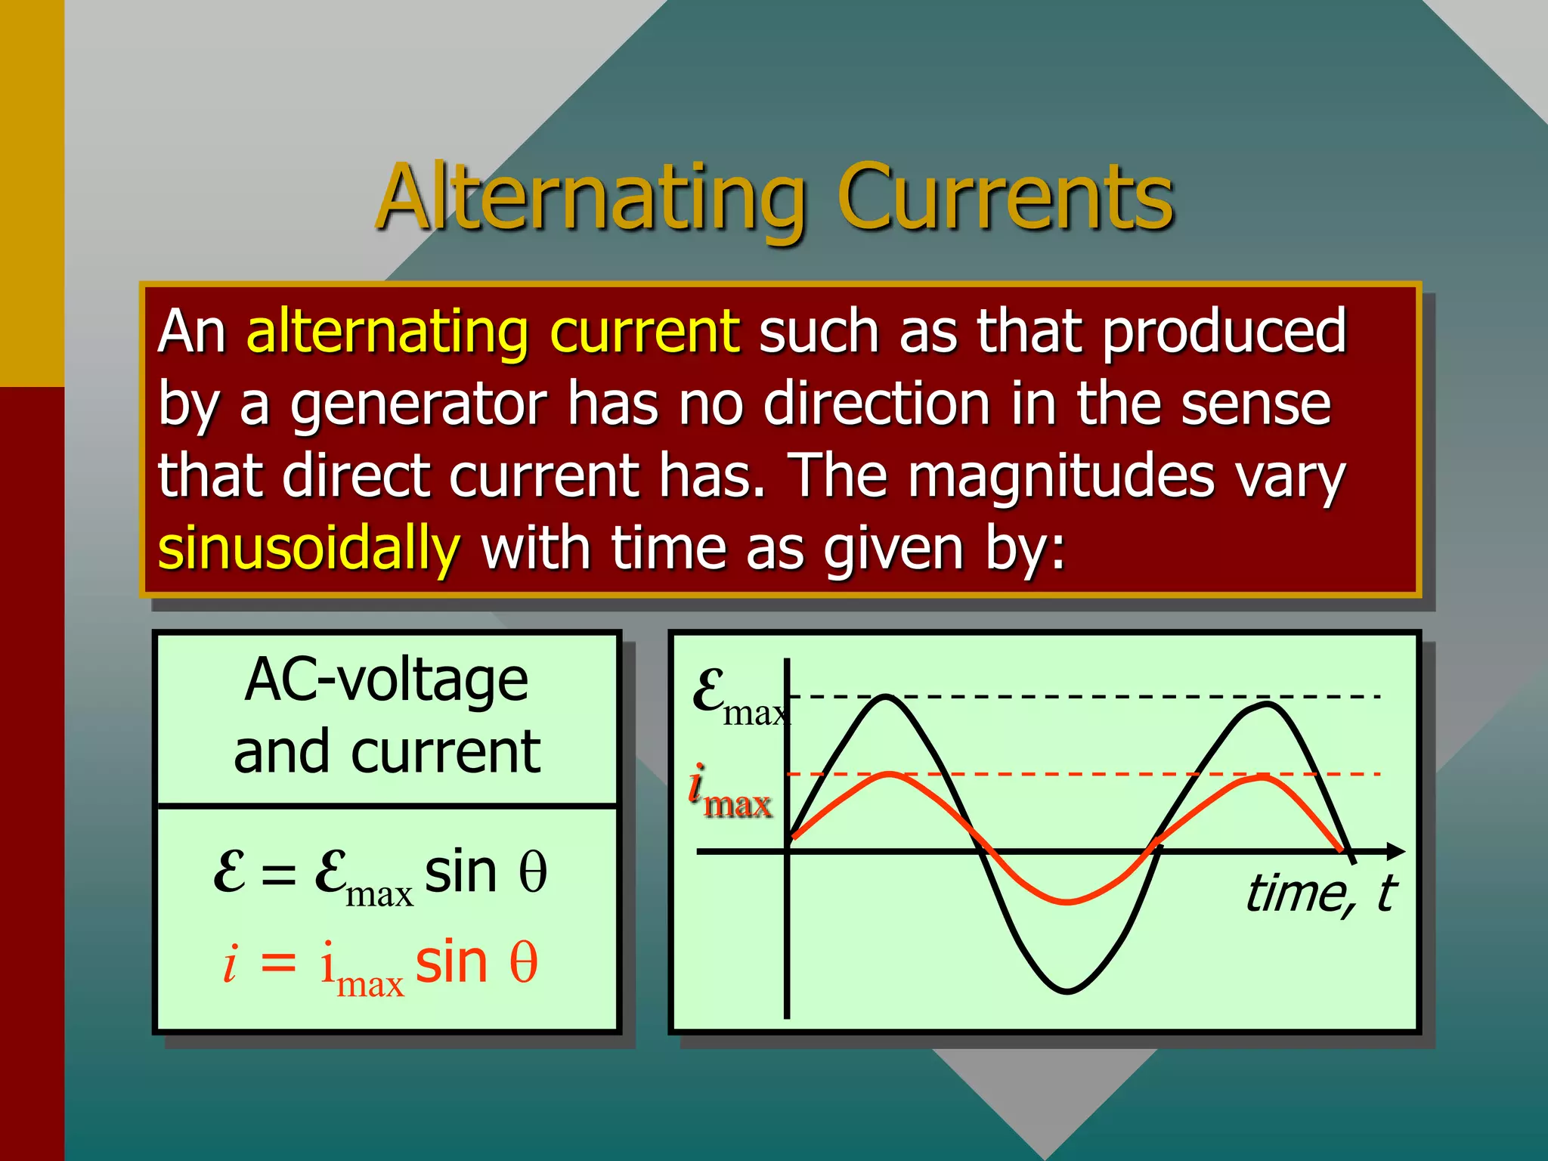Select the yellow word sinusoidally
tap(308, 549)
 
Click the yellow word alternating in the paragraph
tap(388, 333)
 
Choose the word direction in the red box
tap(877, 404)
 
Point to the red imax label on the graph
tap(729, 794)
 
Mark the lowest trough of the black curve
tap(1067, 990)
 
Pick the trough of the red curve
tap(1067, 901)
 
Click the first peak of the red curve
tap(890, 775)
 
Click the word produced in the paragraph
tap(1224, 333)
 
